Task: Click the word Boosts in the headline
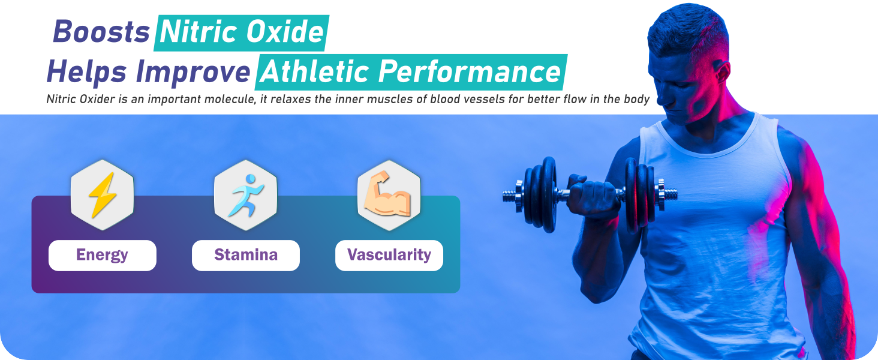pyautogui.click(x=101, y=32)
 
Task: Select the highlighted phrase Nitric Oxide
pyautogui.click(x=242, y=32)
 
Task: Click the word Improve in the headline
pyautogui.click(x=193, y=73)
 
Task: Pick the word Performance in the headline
pyautogui.click(x=470, y=72)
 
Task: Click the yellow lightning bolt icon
pyautogui.click(x=103, y=195)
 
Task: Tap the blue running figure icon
pyautogui.click(x=246, y=195)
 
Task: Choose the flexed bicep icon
pyautogui.click(x=387, y=194)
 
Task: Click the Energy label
pyautogui.click(x=102, y=255)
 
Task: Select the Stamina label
pyautogui.click(x=246, y=255)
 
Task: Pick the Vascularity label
pyautogui.click(x=389, y=255)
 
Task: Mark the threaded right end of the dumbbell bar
pyautogui.click(x=669, y=194)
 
